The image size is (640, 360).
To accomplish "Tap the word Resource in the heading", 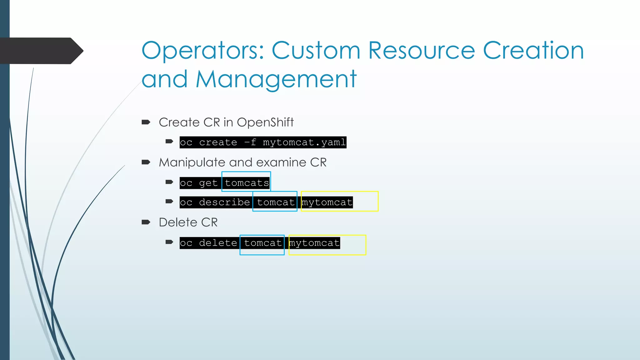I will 422,51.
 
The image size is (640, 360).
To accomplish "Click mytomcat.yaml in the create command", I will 304,142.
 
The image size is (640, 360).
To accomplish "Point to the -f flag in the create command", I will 250,142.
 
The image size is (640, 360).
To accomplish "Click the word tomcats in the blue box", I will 247,183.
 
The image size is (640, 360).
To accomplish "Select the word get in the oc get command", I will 208,183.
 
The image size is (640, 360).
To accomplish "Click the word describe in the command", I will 224,202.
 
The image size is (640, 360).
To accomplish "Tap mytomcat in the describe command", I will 327,202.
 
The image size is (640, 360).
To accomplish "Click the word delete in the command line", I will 218,243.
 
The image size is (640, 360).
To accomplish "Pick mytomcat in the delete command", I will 314,243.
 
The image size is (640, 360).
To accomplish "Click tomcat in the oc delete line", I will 263,243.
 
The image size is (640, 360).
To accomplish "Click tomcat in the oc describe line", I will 276,202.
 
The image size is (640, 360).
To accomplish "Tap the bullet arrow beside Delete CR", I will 146,222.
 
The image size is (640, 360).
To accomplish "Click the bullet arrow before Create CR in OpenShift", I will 146,122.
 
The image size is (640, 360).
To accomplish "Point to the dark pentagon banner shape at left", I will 41,51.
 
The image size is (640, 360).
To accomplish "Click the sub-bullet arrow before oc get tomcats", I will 169,182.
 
